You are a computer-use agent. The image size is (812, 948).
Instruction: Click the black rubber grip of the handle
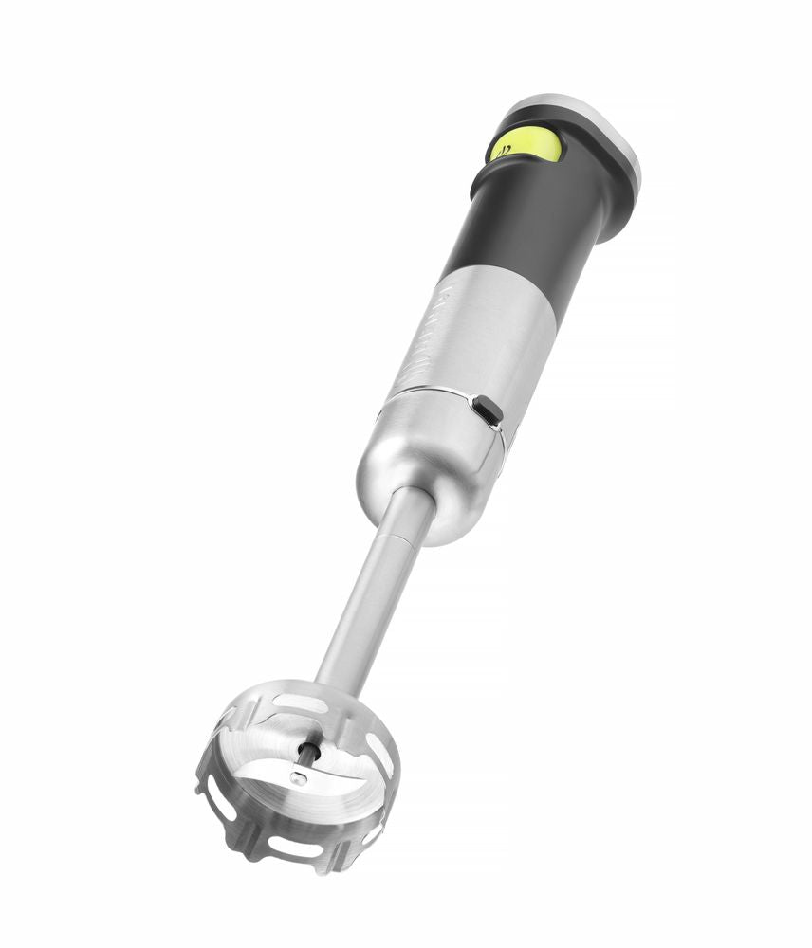tap(531, 228)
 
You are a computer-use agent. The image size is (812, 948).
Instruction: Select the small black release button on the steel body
tap(488, 410)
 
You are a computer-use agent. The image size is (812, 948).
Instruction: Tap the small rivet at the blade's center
tap(298, 779)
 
